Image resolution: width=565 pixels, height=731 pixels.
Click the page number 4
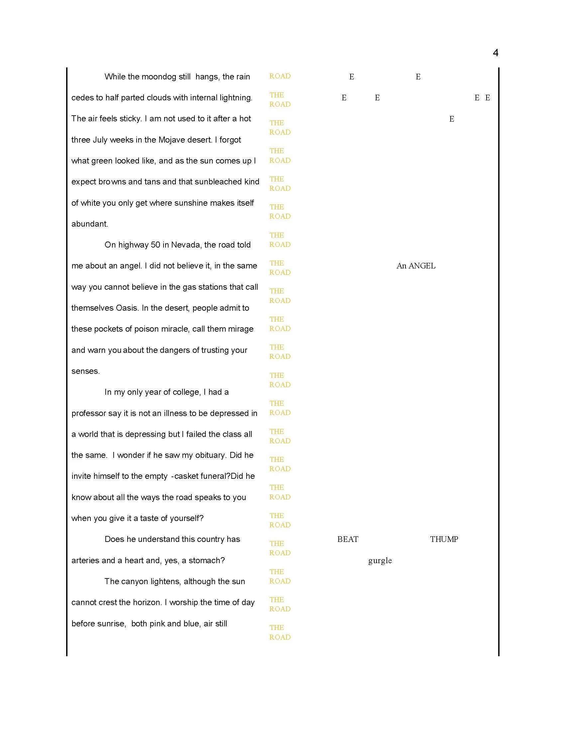click(x=496, y=53)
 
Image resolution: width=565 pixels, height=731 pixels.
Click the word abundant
click(x=89, y=224)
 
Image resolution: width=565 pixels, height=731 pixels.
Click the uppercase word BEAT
click(x=347, y=539)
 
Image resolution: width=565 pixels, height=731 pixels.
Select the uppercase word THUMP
click(x=444, y=539)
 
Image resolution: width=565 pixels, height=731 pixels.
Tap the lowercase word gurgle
click(x=380, y=561)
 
